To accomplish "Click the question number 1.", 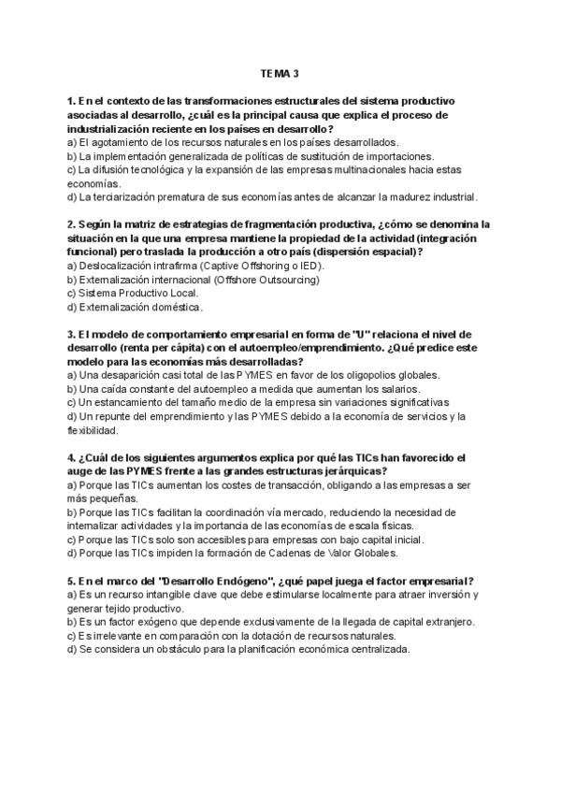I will click(71, 100).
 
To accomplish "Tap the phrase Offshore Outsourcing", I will click(264, 279).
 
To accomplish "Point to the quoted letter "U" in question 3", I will click(362, 334).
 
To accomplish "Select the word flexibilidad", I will click(93, 431).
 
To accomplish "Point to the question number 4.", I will click(71, 458).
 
